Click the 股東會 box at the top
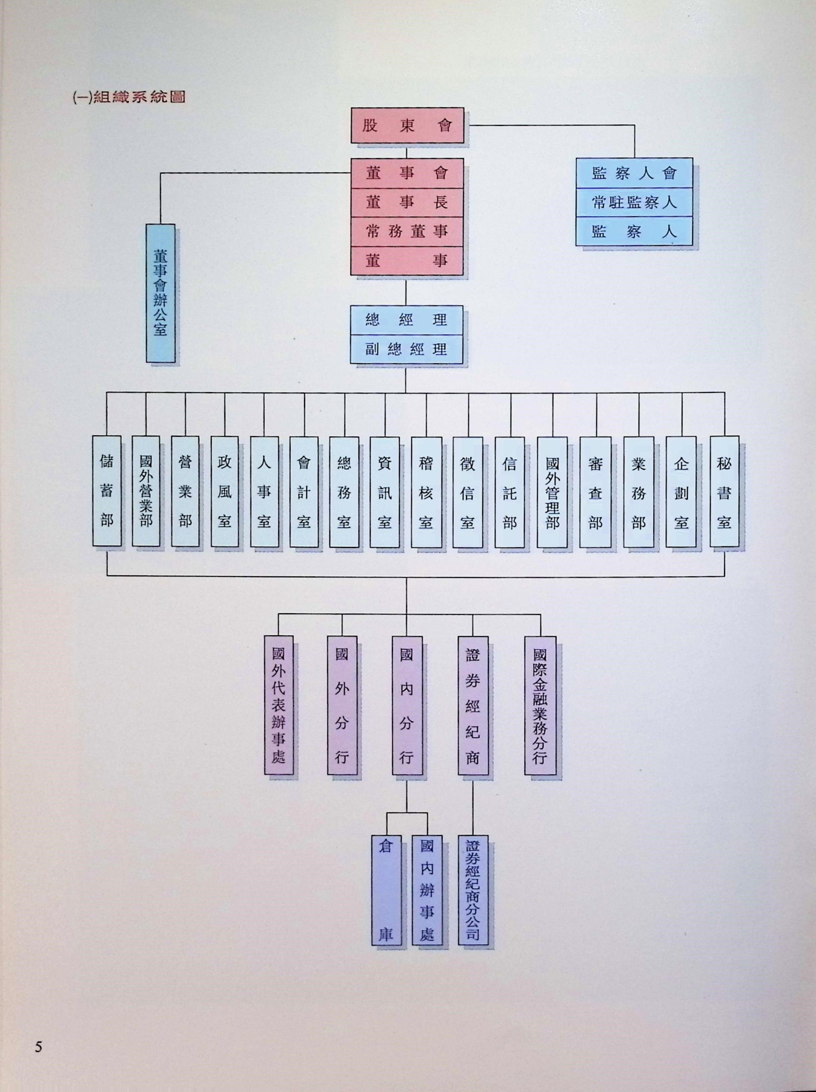(x=407, y=125)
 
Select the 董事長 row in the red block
(x=407, y=202)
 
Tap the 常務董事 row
(x=407, y=231)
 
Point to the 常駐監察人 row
(x=634, y=202)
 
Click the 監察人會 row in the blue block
(x=634, y=173)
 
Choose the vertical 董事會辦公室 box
(x=160, y=293)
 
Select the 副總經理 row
(x=406, y=350)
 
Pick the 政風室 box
(x=225, y=491)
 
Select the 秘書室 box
(x=724, y=492)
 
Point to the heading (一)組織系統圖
(x=129, y=97)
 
